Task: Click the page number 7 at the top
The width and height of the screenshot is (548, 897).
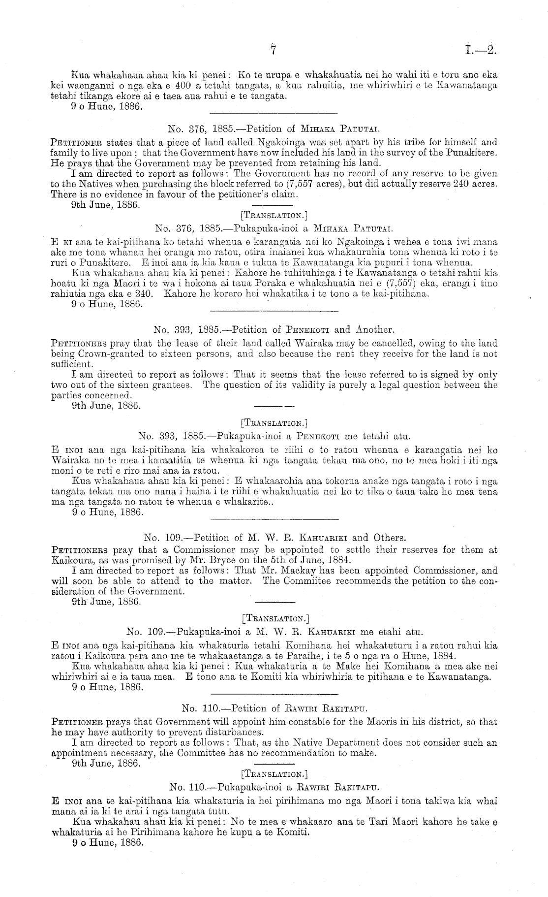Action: [x=274, y=50]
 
